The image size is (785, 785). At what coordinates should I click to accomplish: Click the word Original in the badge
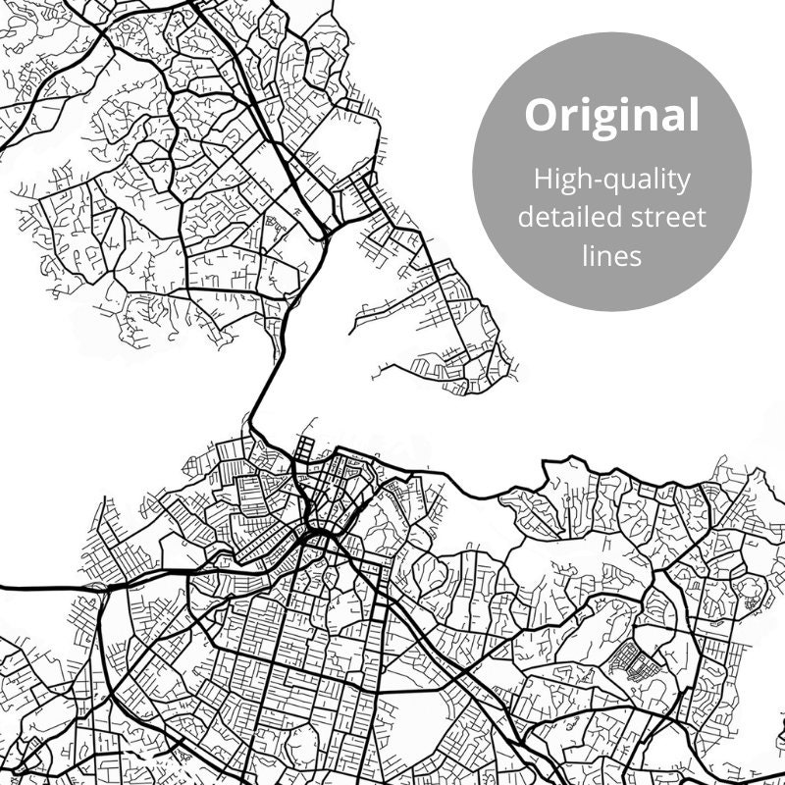611,115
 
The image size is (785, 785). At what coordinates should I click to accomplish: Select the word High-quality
611,181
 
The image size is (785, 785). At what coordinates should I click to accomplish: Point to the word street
667,217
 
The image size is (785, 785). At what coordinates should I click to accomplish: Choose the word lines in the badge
610,254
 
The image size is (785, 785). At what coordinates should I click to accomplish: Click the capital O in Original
541,116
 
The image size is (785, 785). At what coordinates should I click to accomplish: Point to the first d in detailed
527,217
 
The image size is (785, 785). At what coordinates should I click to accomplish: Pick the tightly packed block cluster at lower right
629,660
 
